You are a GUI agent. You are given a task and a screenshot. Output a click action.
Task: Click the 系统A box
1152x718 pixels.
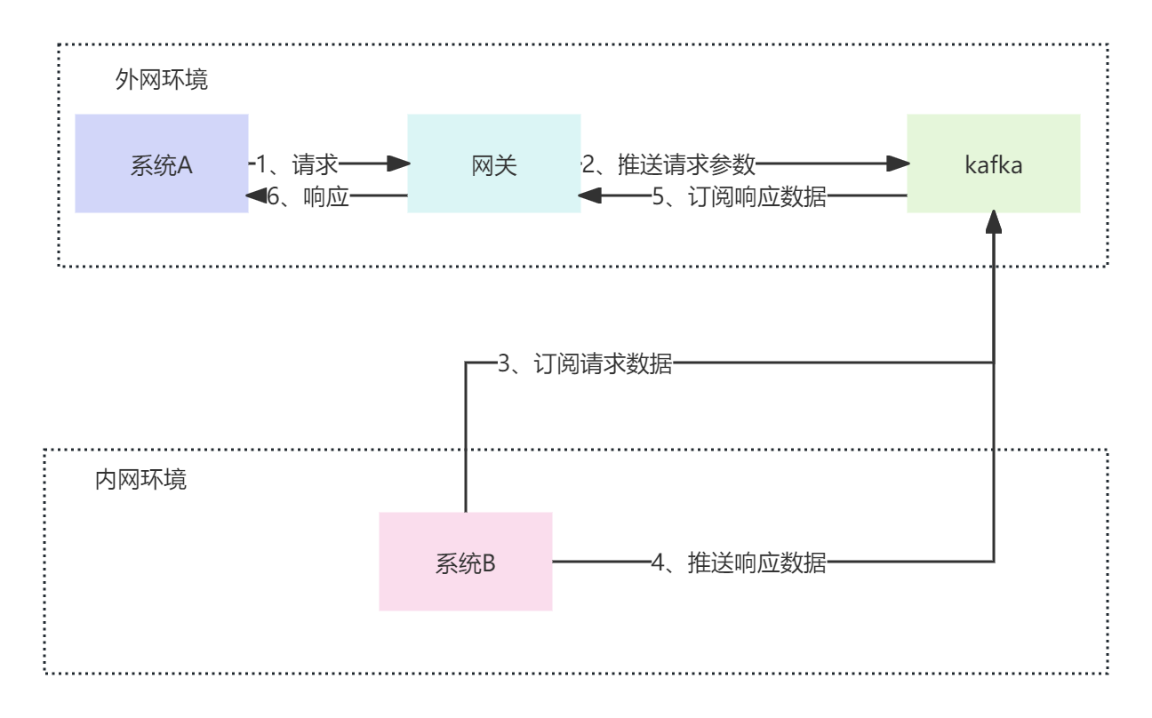tap(161, 164)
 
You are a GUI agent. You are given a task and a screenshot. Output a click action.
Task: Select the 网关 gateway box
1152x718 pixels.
tap(493, 164)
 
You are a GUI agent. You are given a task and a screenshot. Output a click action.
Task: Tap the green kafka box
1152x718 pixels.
tap(993, 164)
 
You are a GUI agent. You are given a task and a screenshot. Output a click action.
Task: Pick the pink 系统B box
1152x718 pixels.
tap(465, 562)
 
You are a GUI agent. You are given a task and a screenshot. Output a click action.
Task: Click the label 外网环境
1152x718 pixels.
tap(162, 80)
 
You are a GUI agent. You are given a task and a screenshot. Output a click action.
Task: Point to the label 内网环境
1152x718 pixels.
tap(140, 481)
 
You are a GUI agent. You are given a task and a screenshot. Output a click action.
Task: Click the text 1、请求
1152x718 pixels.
tap(297, 164)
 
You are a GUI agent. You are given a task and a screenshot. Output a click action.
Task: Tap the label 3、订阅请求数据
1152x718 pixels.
tap(584, 363)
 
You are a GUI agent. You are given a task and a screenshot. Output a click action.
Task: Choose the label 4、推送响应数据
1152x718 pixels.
tap(739, 562)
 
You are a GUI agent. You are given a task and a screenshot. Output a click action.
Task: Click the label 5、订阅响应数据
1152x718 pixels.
tap(739, 196)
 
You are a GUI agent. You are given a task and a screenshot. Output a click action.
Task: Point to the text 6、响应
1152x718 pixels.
tap(308, 196)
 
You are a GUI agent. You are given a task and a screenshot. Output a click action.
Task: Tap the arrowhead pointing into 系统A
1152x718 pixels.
tap(255, 196)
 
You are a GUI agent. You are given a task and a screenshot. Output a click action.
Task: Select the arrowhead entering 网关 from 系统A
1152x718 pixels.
tap(400, 164)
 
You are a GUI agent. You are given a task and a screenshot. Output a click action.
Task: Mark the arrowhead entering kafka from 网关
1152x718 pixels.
tap(900, 164)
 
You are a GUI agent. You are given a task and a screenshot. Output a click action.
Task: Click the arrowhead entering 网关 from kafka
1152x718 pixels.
tap(588, 196)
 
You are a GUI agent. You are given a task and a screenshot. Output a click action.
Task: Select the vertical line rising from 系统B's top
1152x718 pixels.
tap(465, 444)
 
